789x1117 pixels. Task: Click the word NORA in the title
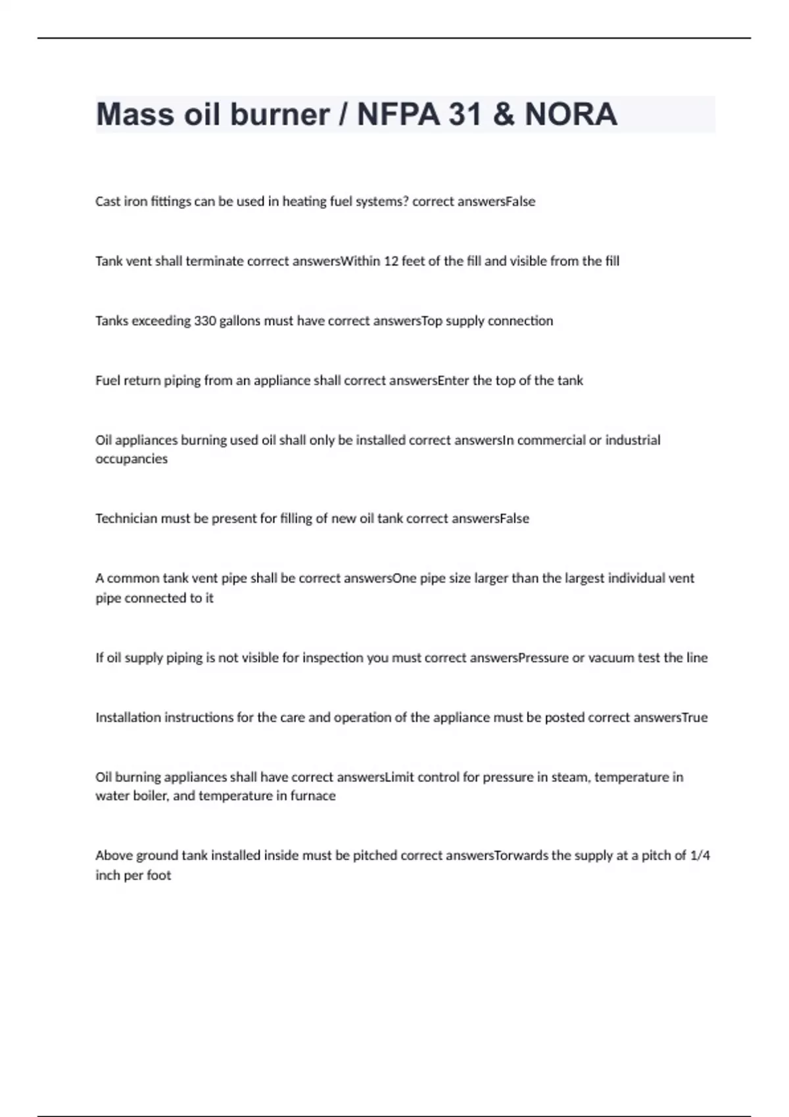point(571,114)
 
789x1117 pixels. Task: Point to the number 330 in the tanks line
point(205,321)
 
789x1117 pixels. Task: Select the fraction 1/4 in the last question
point(700,855)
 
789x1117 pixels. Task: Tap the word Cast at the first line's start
point(108,202)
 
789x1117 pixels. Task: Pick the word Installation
point(128,718)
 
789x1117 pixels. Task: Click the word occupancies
point(131,459)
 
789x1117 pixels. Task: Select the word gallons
point(243,321)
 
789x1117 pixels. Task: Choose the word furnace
point(313,796)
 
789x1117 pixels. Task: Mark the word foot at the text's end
point(159,875)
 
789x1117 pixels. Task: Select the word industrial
point(633,440)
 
